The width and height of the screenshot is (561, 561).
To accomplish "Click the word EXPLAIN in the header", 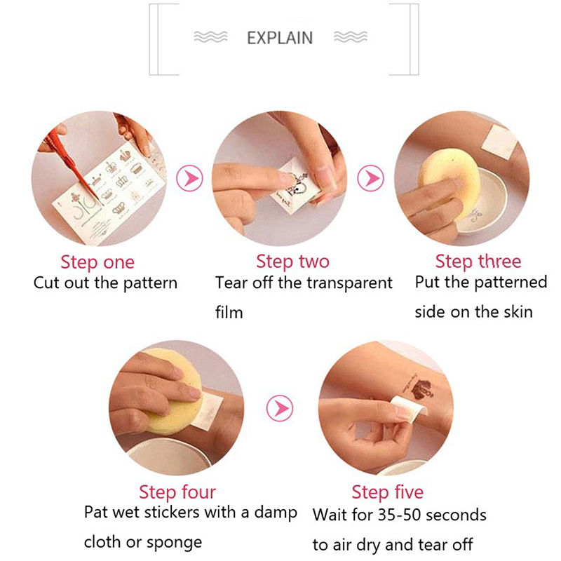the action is coord(280,38).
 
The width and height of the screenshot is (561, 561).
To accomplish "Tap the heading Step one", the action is coord(97,262).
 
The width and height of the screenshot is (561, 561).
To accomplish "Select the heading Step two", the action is coord(292,262).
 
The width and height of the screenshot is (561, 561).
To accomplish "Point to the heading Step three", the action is coord(478,261).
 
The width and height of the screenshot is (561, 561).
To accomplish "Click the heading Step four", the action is coord(177,492).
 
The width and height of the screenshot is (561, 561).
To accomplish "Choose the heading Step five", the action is coord(388,492).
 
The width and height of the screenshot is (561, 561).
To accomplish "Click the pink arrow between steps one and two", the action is coord(189,178).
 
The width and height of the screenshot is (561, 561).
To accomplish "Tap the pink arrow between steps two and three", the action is coord(371,178).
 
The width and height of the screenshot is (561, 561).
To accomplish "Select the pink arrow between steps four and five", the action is coord(280,408).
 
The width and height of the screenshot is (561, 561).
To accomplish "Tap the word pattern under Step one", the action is coord(150,283).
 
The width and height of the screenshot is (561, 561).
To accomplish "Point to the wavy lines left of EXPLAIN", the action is coord(210,37).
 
